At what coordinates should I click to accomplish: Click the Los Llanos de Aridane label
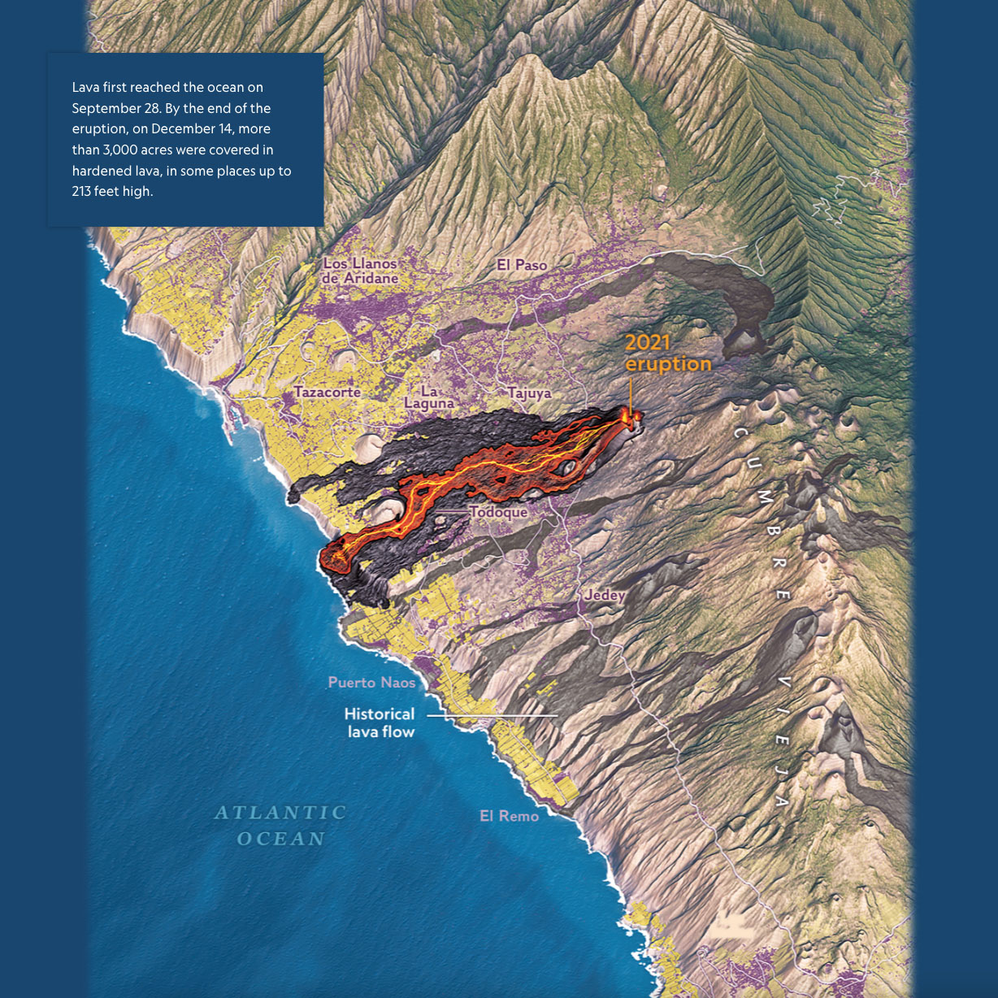point(360,271)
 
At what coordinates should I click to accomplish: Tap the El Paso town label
point(522,265)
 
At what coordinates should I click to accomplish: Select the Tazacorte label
point(328,393)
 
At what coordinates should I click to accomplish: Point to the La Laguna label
point(429,397)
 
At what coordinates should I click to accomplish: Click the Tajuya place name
point(530,393)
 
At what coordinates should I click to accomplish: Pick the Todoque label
point(498,512)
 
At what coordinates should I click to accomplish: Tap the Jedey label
point(605,595)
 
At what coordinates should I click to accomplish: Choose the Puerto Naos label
point(371,683)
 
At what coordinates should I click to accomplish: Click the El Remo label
point(509,816)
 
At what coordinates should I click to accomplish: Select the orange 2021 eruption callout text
point(667,354)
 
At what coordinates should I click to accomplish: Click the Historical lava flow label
point(380,722)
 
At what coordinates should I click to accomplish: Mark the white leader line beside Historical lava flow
point(492,715)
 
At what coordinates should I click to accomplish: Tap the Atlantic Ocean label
point(281,825)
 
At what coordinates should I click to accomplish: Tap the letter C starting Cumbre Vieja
point(740,432)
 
